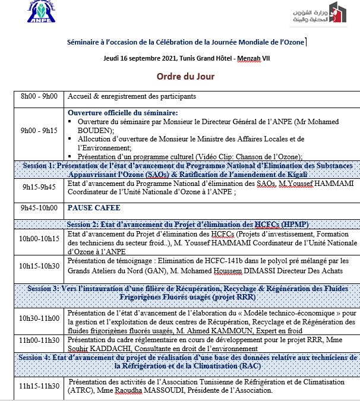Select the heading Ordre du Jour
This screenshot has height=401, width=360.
coord(185,77)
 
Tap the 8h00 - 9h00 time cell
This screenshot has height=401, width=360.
coord(39,97)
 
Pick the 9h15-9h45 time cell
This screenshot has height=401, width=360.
coord(39,186)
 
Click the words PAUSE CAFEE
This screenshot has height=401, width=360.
coord(94,208)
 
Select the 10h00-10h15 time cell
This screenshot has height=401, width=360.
coord(39,238)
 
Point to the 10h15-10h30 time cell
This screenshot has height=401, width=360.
coord(39,266)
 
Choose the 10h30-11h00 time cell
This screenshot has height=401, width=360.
coord(39,318)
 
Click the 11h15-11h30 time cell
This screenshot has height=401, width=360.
coord(39,386)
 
